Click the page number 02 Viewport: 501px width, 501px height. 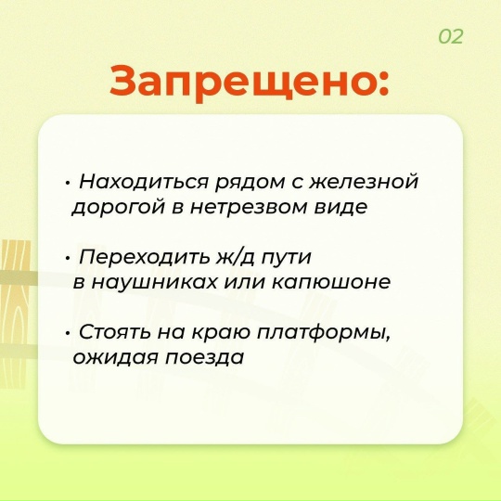(451, 37)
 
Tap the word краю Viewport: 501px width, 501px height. (217, 332)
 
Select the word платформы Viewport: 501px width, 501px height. (328, 332)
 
